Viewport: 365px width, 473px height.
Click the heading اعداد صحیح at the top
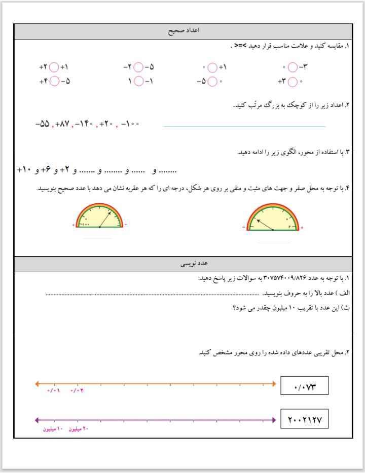click(184, 31)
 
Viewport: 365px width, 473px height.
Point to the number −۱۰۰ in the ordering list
click(130, 124)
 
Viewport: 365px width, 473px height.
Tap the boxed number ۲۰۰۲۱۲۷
click(305, 420)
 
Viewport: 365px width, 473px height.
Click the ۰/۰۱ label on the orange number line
click(54, 391)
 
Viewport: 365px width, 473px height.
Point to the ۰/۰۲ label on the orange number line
click(77, 391)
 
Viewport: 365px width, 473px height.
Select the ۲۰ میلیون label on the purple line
click(79, 429)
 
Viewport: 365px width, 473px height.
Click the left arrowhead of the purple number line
click(36, 420)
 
